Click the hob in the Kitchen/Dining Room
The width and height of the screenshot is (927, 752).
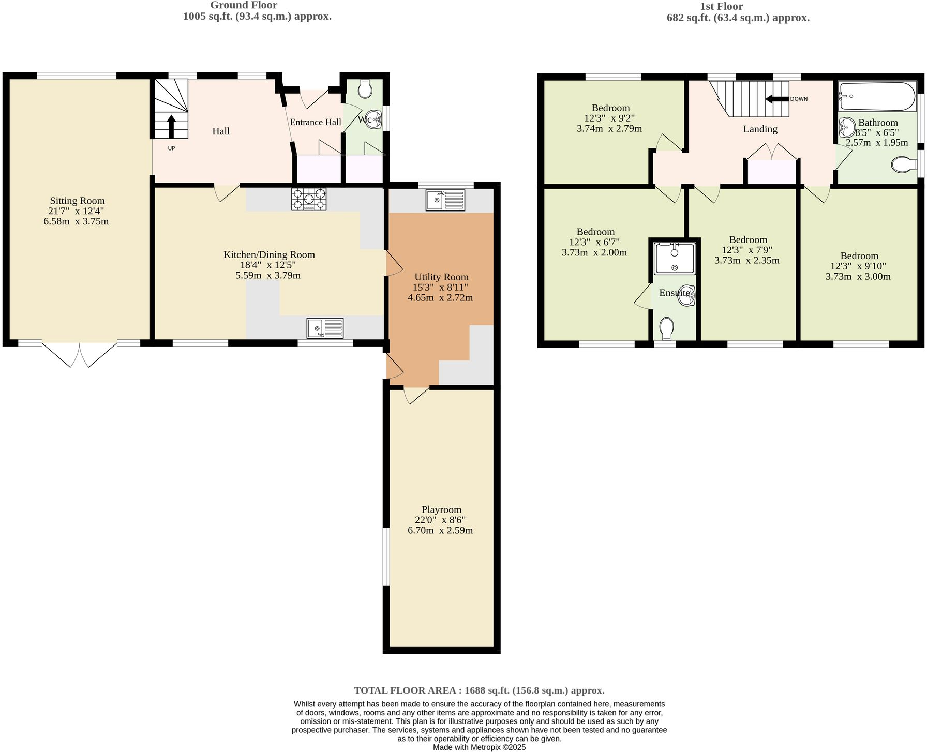coord(309,199)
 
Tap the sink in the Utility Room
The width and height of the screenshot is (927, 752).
coord(445,200)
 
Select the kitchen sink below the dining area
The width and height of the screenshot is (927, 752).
coord(325,328)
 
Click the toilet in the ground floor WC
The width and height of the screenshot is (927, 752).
coord(365,89)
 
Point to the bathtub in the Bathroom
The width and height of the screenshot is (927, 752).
coord(877,96)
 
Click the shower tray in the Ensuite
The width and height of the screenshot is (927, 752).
coord(675,259)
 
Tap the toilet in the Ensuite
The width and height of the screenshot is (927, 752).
coord(667,327)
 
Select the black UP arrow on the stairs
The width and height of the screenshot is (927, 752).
coord(171,126)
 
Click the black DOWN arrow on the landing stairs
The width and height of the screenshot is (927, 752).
coord(776,99)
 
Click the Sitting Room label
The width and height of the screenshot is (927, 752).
coord(77,201)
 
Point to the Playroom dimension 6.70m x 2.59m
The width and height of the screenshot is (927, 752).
coord(440,530)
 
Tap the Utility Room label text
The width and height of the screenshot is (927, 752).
coord(441,277)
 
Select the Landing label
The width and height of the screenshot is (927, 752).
coord(760,129)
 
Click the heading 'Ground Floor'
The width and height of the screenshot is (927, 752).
coord(243,5)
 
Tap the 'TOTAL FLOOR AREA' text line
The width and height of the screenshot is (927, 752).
coord(479,690)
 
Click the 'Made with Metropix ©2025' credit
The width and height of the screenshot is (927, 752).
coord(479,747)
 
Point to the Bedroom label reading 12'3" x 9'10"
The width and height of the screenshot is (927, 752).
coord(859,266)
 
